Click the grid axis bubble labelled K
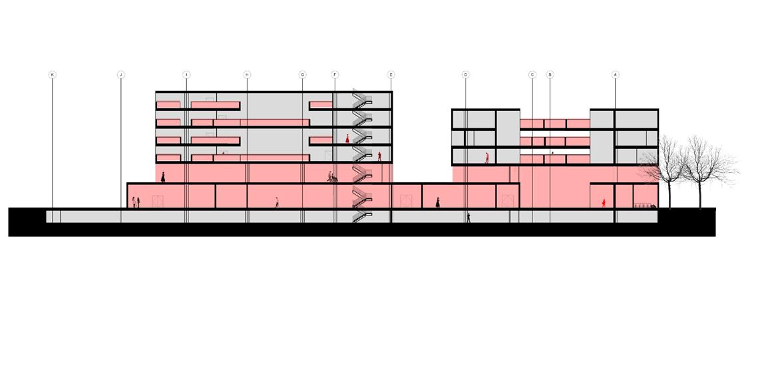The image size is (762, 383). click(x=53, y=74)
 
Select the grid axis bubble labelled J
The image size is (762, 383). click(x=120, y=74)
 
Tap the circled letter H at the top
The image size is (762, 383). click(x=247, y=74)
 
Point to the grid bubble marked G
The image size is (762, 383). click(x=302, y=74)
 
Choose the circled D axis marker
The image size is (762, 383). click(x=466, y=74)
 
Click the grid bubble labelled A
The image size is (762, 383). click(x=616, y=74)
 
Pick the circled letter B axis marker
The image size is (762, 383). click(x=550, y=74)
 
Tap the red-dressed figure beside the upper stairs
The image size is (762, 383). click(x=347, y=139)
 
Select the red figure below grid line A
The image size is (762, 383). click(x=604, y=202)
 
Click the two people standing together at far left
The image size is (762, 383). click(x=136, y=202)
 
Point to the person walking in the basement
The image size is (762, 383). click(x=469, y=217)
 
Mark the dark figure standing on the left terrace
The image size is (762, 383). click(x=163, y=178)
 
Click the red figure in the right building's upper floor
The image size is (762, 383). click(x=486, y=158)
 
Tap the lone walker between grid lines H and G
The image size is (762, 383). click(x=277, y=202)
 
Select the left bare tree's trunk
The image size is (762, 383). click(x=667, y=193)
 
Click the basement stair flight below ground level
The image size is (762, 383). click(x=361, y=216)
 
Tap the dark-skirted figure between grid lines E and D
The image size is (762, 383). click(x=437, y=202)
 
